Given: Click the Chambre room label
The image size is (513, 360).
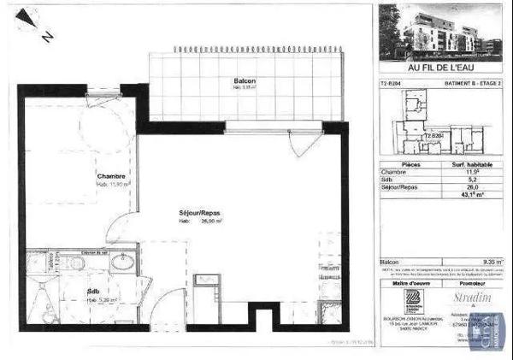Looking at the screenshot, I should pyautogui.click(x=111, y=176).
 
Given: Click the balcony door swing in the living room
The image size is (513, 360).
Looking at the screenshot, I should pyautogui.click(x=298, y=144).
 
